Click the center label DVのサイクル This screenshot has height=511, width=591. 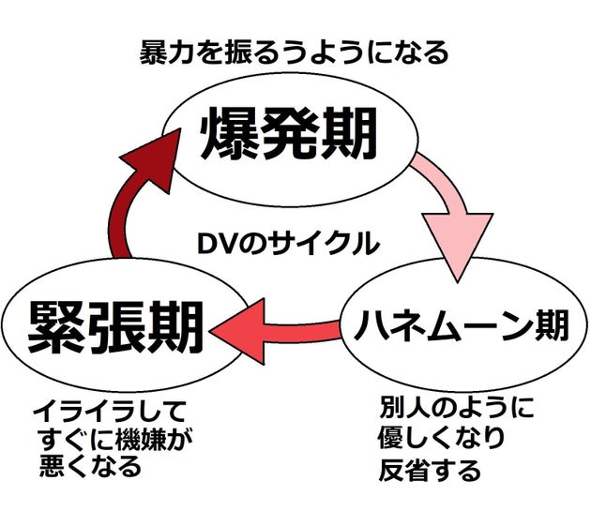point(287,245)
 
